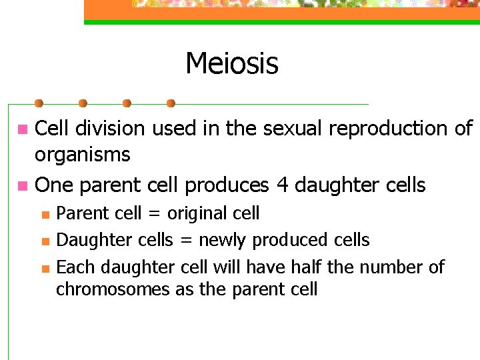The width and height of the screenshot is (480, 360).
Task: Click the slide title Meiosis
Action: [x=231, y=64]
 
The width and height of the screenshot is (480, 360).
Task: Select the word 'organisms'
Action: [x=82, y=155]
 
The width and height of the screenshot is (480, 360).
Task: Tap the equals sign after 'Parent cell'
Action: [x=154, y=214]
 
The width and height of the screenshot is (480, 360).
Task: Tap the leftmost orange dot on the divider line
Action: [x=39, y=103]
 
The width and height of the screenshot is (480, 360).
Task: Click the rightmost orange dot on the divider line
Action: [x=171, y=103]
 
